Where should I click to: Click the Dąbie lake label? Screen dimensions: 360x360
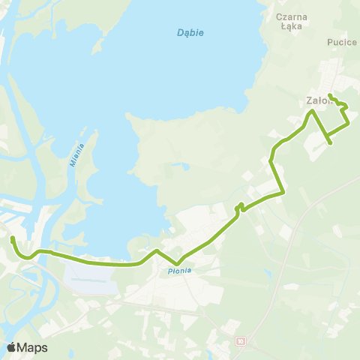(190, 33)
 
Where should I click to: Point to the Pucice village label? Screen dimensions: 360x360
(342, 43)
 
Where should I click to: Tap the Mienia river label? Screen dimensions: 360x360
(79, 156)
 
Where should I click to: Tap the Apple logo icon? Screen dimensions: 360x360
(11, 347)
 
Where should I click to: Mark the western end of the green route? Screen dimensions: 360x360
(12, 238)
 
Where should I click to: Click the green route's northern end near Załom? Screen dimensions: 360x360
(330, 95)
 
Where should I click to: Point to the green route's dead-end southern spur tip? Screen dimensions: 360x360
(331, 142)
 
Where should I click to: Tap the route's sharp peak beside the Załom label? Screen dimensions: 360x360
(313, 111)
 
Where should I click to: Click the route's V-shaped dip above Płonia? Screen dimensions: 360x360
(176, 263)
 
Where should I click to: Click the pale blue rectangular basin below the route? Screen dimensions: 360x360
(90, 278)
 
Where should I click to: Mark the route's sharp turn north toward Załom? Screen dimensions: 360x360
(283, 193)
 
